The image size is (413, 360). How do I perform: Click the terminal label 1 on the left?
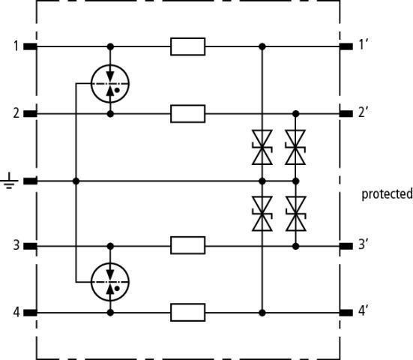coord(16,46)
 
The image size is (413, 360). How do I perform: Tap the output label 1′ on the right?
coord(364,44)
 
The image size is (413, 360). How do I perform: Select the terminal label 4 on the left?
coord(16,312)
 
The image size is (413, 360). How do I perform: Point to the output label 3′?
coord(364,244)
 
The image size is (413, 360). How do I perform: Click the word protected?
coord(387,194)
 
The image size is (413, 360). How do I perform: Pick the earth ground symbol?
coord(9,181)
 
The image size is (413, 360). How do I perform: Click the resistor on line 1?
coord(188,46)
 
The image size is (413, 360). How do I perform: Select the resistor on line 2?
coord(188,114)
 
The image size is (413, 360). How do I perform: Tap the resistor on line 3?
coord(188,245)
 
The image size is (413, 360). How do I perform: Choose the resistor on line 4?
coord(188,313)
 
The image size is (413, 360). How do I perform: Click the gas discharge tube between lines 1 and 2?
coord(110,83)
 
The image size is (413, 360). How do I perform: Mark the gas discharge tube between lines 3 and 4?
coord(110,282)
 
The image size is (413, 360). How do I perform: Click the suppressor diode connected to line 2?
coord(295,147)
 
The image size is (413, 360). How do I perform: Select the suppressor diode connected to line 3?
coord(295,214)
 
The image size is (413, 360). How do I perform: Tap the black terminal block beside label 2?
coord(30,114)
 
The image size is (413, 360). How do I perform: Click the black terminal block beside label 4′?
coord(346,313)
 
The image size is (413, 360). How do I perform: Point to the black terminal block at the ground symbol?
coord(30,181)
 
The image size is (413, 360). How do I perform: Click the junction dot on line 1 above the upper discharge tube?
coord(110,46)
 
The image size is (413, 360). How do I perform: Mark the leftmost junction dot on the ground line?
coord(76,181)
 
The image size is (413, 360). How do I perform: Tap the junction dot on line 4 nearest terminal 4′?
coord(262,313)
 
